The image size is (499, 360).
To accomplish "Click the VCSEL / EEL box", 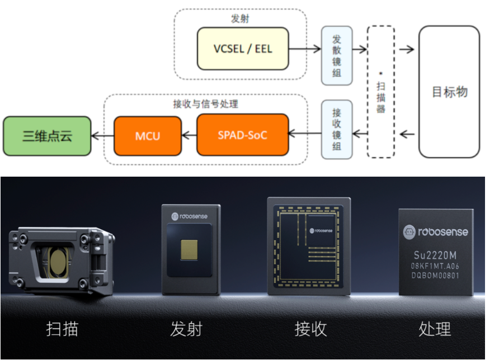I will tap(243, 49).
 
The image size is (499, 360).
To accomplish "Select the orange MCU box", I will tap(148, 135).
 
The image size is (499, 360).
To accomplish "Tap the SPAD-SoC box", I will tap(243, 135).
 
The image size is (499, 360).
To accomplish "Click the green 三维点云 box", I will tap(47, 135).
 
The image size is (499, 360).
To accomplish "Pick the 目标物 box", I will tap(449, 92).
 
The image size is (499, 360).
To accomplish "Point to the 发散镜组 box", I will tap(337, 55).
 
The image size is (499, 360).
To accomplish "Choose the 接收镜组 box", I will tap(337, 129).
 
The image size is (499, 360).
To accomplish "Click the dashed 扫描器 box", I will tap(381, 91).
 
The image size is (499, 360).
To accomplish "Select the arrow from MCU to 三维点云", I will tap(102, 135).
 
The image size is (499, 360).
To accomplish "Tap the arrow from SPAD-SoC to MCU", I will tap(189, 135).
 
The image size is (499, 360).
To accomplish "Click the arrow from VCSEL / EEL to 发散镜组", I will tap(305, 49).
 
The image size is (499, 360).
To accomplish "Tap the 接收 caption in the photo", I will tap(310, 329).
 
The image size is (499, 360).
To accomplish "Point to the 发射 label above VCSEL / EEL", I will tap(240, 18).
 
